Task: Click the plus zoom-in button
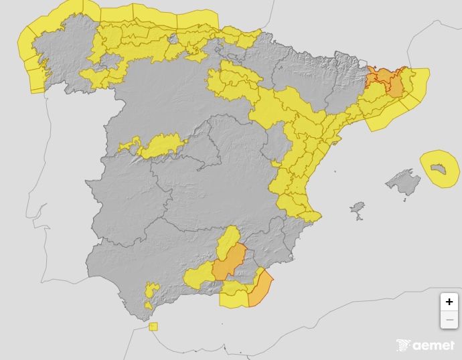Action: (449, 302)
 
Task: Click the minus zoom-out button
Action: (449, 320)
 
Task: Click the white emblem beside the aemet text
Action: (403, 345)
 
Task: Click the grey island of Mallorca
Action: (404, 181)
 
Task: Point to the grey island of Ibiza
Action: (358, 211)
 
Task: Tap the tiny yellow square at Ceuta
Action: (153, 327)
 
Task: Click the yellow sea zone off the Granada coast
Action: (234, 299)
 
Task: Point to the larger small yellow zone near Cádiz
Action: (152, 290)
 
